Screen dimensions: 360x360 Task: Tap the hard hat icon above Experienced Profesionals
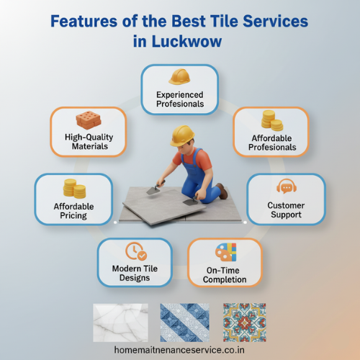179,76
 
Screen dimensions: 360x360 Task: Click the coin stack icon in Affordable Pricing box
74,189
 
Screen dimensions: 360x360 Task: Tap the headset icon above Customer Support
286,187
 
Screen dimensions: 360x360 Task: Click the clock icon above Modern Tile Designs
135,251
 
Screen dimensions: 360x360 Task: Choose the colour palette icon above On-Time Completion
225,253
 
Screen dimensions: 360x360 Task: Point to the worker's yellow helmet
183,135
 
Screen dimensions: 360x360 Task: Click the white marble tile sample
120,321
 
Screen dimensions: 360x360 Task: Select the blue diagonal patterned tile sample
184,321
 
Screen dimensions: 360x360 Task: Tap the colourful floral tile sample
245,321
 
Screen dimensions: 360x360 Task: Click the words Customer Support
286,210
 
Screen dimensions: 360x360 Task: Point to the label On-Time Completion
225,274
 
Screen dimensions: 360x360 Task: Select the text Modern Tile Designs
135,274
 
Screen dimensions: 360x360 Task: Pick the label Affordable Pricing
74,210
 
